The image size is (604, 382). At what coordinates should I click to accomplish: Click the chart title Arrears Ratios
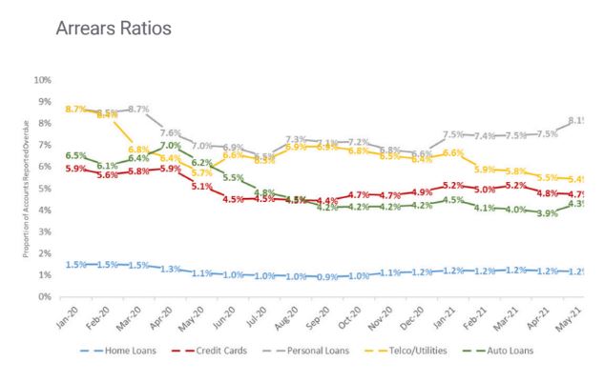[114, 29]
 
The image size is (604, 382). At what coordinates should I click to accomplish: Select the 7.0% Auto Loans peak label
[171, 146]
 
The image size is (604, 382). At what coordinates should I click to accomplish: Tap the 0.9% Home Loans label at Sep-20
[327, 277]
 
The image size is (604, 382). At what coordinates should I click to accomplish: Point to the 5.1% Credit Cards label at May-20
[202, 187]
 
